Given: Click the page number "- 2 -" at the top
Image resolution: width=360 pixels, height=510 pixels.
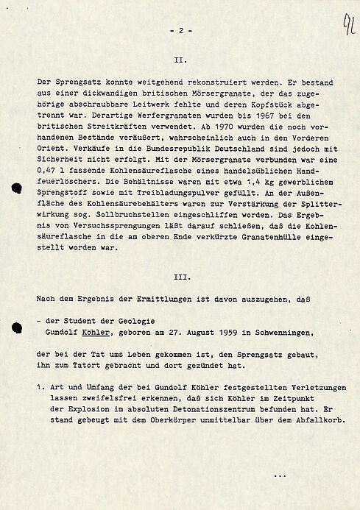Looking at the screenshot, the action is pyautogui.click(x=180, y=31).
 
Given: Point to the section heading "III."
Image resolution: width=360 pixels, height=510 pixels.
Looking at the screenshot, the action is pyautogui.click(x=180, y=279).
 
